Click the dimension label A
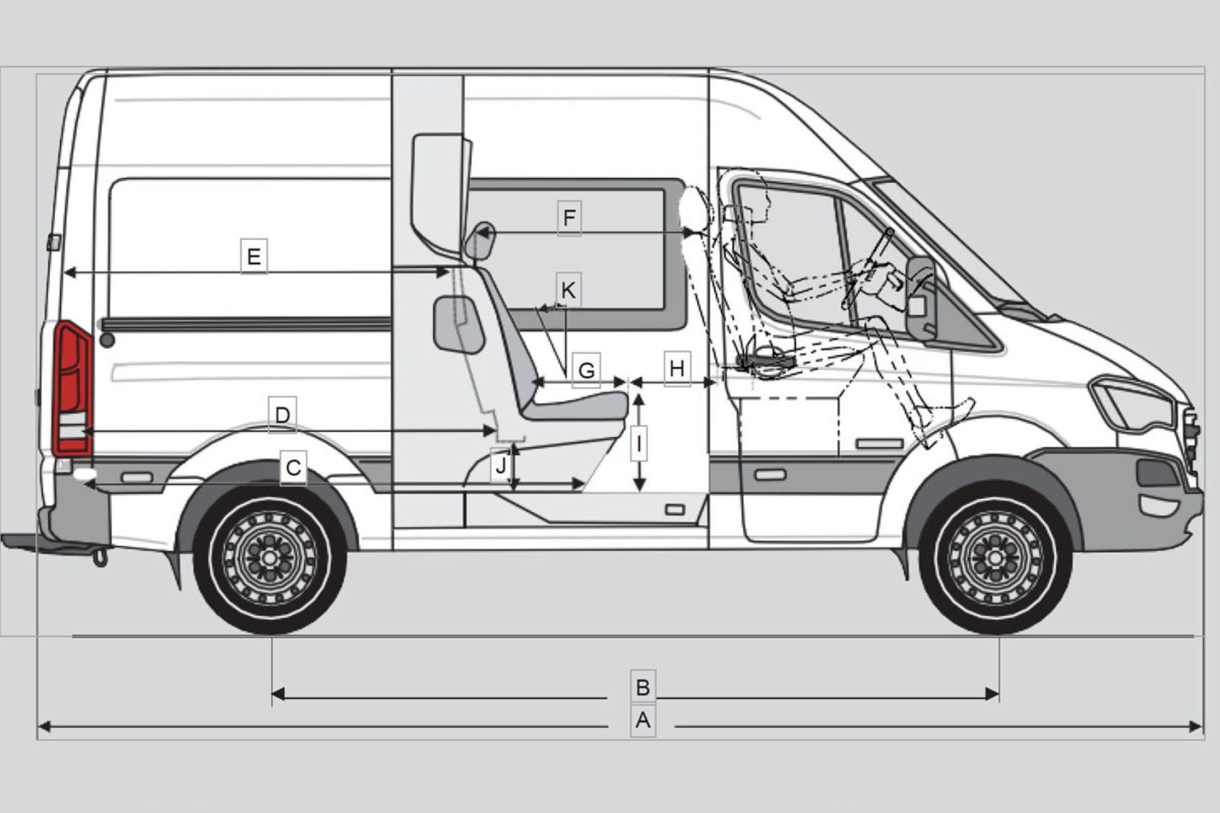(x=643, y=720)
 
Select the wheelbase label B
(x=643, y=687)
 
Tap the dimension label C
(x=293, y=467)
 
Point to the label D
(x=283, y=415)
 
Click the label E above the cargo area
(x=253, y=257)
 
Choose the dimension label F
(x=569, y=218)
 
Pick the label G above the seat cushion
(x=586, y=370)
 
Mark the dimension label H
(x=676, y=369)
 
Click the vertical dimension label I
(x=638, y=444)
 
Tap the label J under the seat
(x=501, y=465)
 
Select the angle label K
(x=568, y=290)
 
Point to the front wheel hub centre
(x=995, y=558)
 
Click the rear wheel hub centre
(x=270, y=558)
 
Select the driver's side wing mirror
(x=922, y=298)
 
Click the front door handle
(x=770, y=475)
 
